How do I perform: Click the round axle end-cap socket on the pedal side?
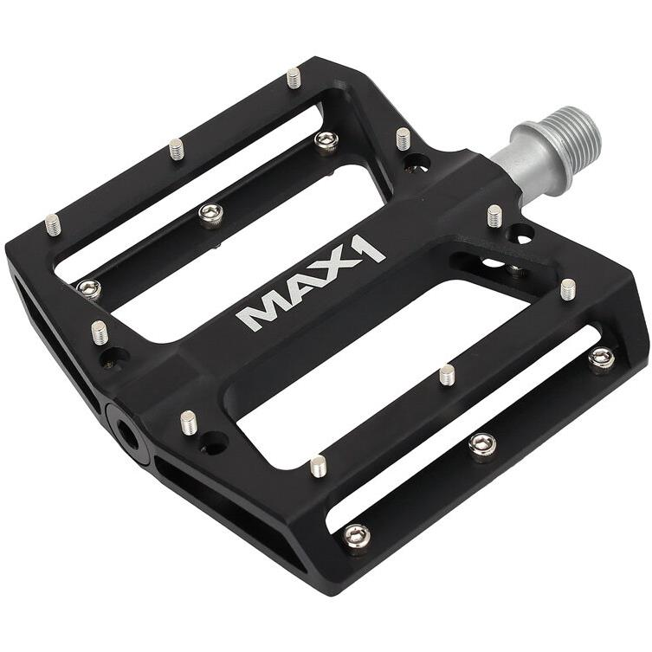coord(124,432)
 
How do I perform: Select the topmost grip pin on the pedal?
coord(294,78)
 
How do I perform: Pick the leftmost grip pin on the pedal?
coord(53,224)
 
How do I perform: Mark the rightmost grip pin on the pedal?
coord(568,288)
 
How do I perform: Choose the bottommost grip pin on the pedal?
coord(318,465)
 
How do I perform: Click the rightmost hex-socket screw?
coord(602,357)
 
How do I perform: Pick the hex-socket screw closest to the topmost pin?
coord(326,140)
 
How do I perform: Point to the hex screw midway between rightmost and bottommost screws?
coord(482,446)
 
